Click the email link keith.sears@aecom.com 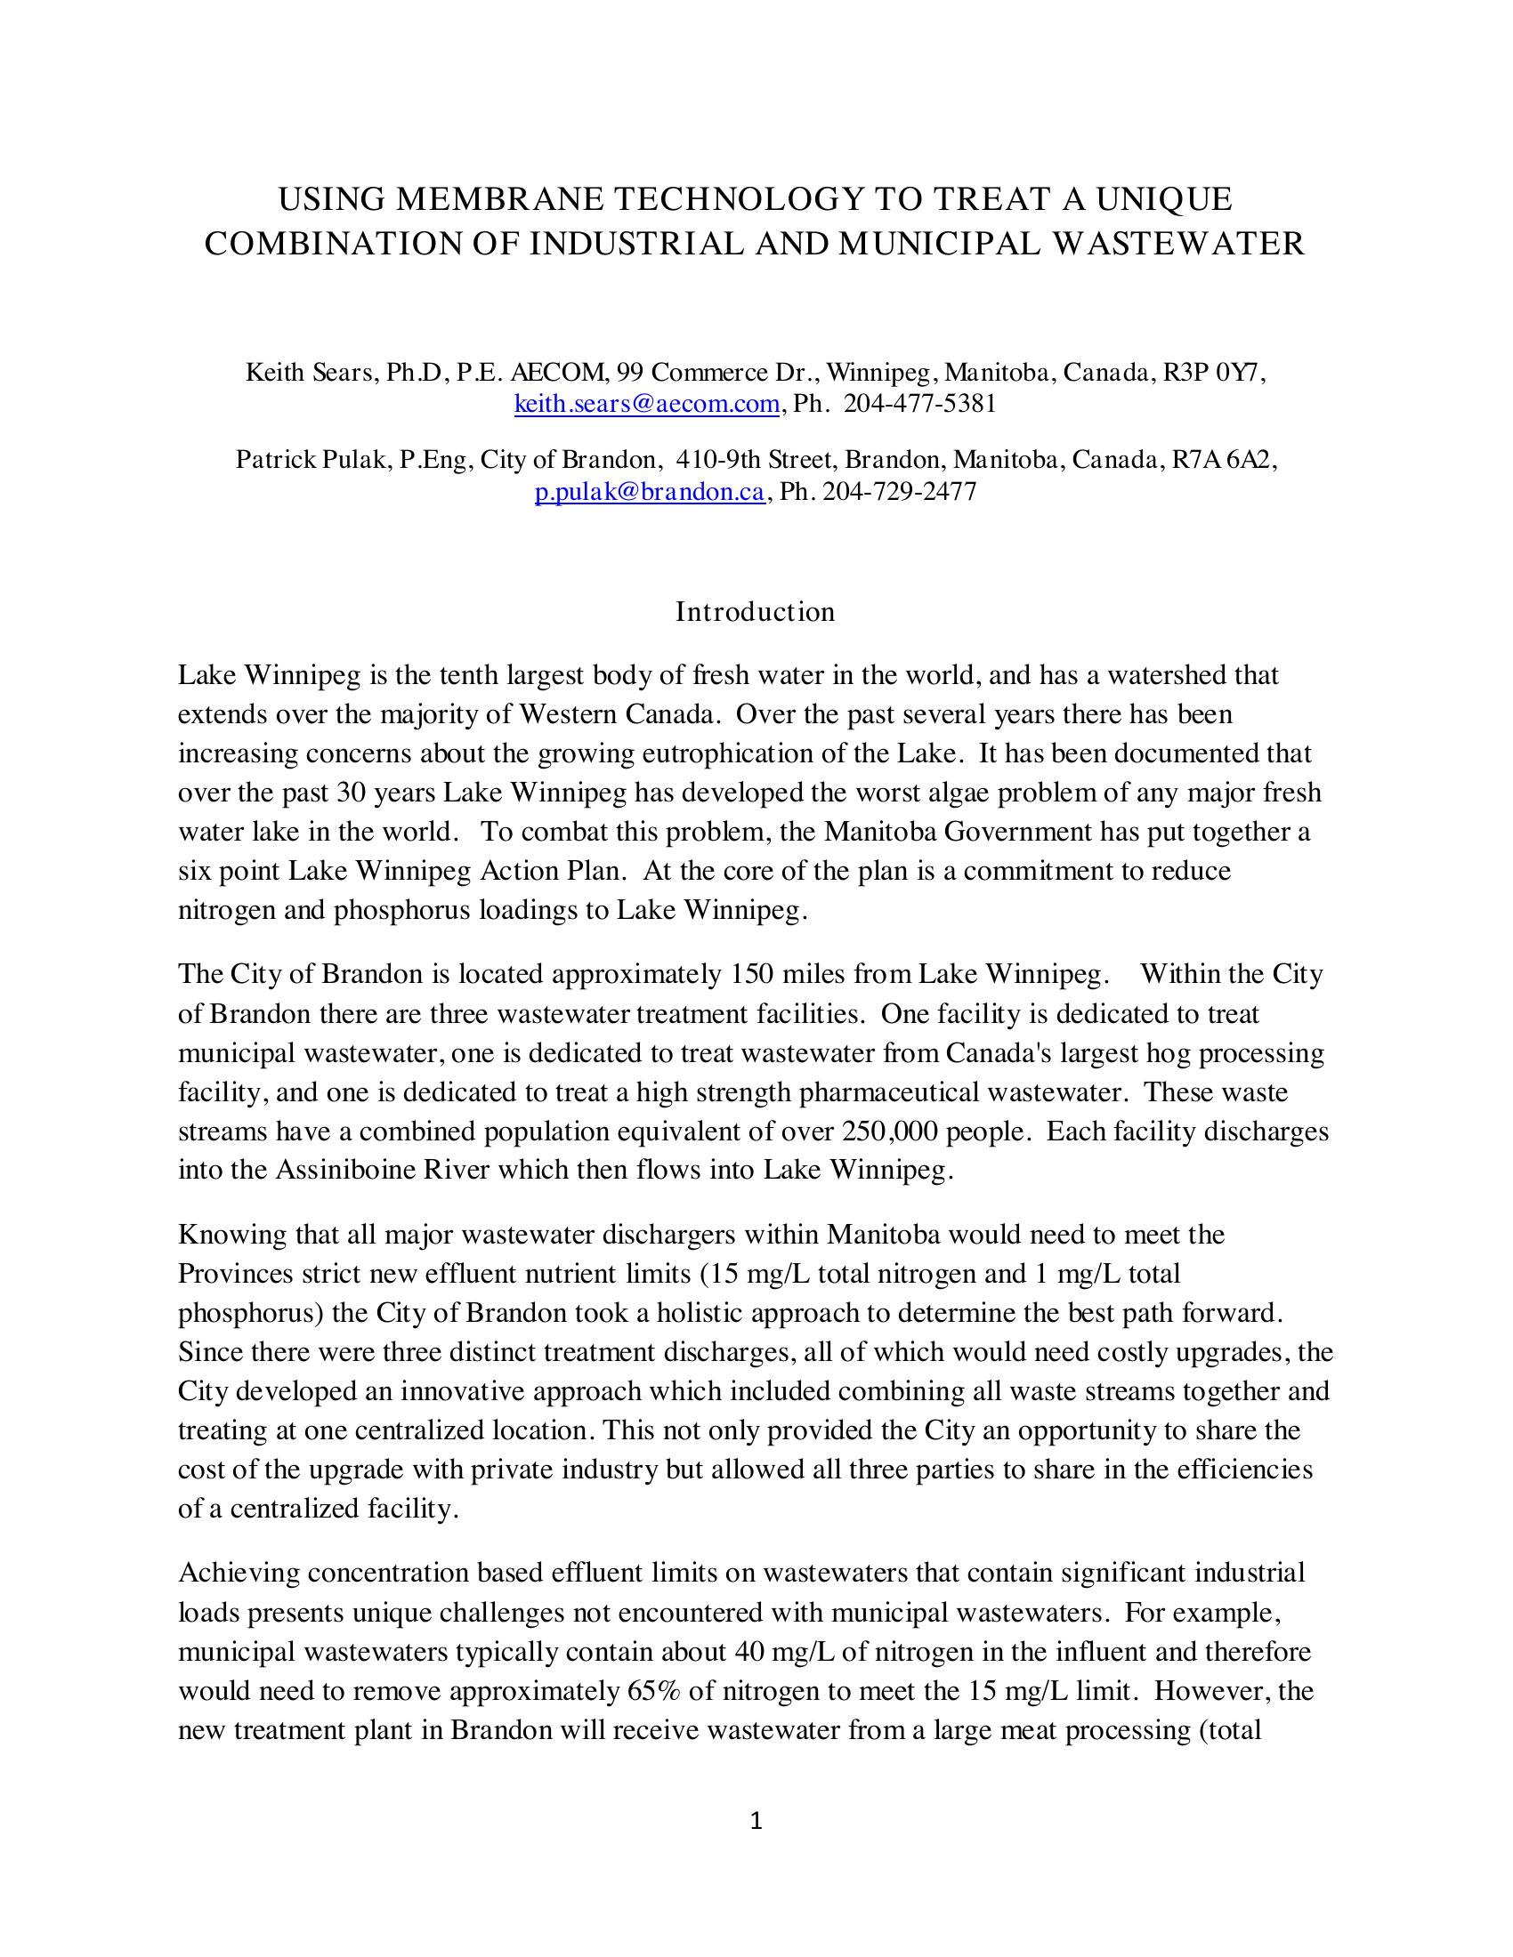click(646, 404)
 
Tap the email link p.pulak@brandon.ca click(649, 492)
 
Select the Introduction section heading click(755, 612)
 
